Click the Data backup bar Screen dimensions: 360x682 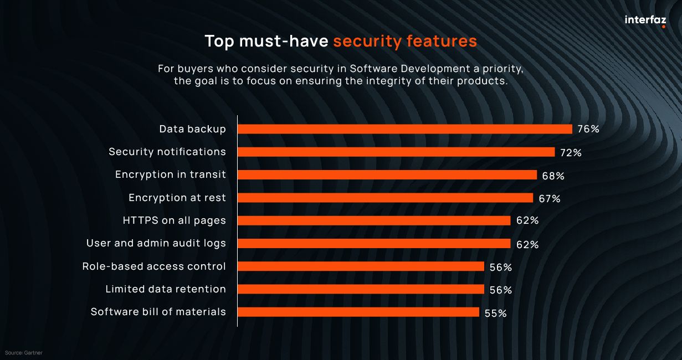pos(404,129)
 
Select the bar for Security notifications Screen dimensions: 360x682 pos(396,152)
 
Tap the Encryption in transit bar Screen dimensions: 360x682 pos(387,174)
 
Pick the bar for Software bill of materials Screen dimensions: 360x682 pos(358,312)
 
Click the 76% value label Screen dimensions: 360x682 pos(588,130)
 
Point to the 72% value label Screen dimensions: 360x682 pos(571,152)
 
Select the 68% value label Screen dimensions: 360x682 pos(553,176)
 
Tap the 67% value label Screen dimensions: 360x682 pos(549,198)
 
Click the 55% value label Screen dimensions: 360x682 pos(495,313)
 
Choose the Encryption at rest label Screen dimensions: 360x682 pos(177,198)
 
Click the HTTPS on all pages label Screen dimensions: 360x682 pos(174,220)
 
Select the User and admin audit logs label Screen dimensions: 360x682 pos(156,243)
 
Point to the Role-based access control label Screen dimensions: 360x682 pos(154,266)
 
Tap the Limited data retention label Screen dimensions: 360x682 pos(166,289)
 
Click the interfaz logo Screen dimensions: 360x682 pos(645,20)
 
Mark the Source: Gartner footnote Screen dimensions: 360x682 pos(24,353)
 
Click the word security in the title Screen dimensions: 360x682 pos(367,42)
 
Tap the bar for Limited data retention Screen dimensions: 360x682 pos(361,289)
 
